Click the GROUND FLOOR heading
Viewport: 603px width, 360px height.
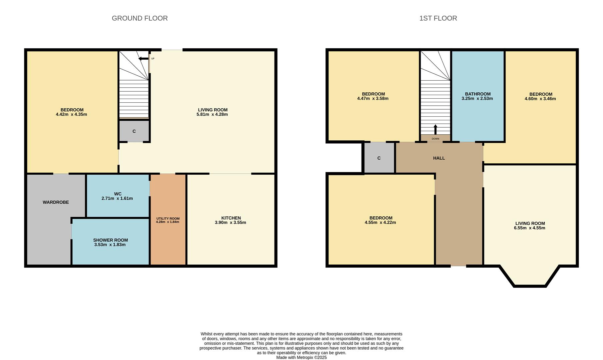(140, 18)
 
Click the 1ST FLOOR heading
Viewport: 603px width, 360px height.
(438, 18)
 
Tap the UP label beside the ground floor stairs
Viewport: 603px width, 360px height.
(153, 59)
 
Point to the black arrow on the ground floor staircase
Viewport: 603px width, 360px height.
(144, 59)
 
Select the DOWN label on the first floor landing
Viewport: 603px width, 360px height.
(435, 139)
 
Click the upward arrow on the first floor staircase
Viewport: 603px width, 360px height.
(435, 129)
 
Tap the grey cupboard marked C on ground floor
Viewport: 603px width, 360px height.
(134, 131)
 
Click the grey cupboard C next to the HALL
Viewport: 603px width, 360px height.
(379, 158)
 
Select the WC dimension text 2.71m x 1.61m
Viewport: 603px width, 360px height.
(117, 198)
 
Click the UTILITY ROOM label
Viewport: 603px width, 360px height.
(168, 219)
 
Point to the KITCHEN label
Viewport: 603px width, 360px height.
(231, 218)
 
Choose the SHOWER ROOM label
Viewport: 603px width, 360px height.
(110, 240)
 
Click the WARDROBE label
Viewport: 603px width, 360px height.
(56, 202)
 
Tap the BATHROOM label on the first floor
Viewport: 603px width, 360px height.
(477, 94)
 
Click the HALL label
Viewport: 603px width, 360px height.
(439, 158)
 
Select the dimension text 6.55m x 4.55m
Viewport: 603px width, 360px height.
(529, 228)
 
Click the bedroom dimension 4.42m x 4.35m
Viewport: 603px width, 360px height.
(72, 114)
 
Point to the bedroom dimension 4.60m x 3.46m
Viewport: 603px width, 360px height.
(540, 99)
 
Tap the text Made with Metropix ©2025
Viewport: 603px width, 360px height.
(301, 357)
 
